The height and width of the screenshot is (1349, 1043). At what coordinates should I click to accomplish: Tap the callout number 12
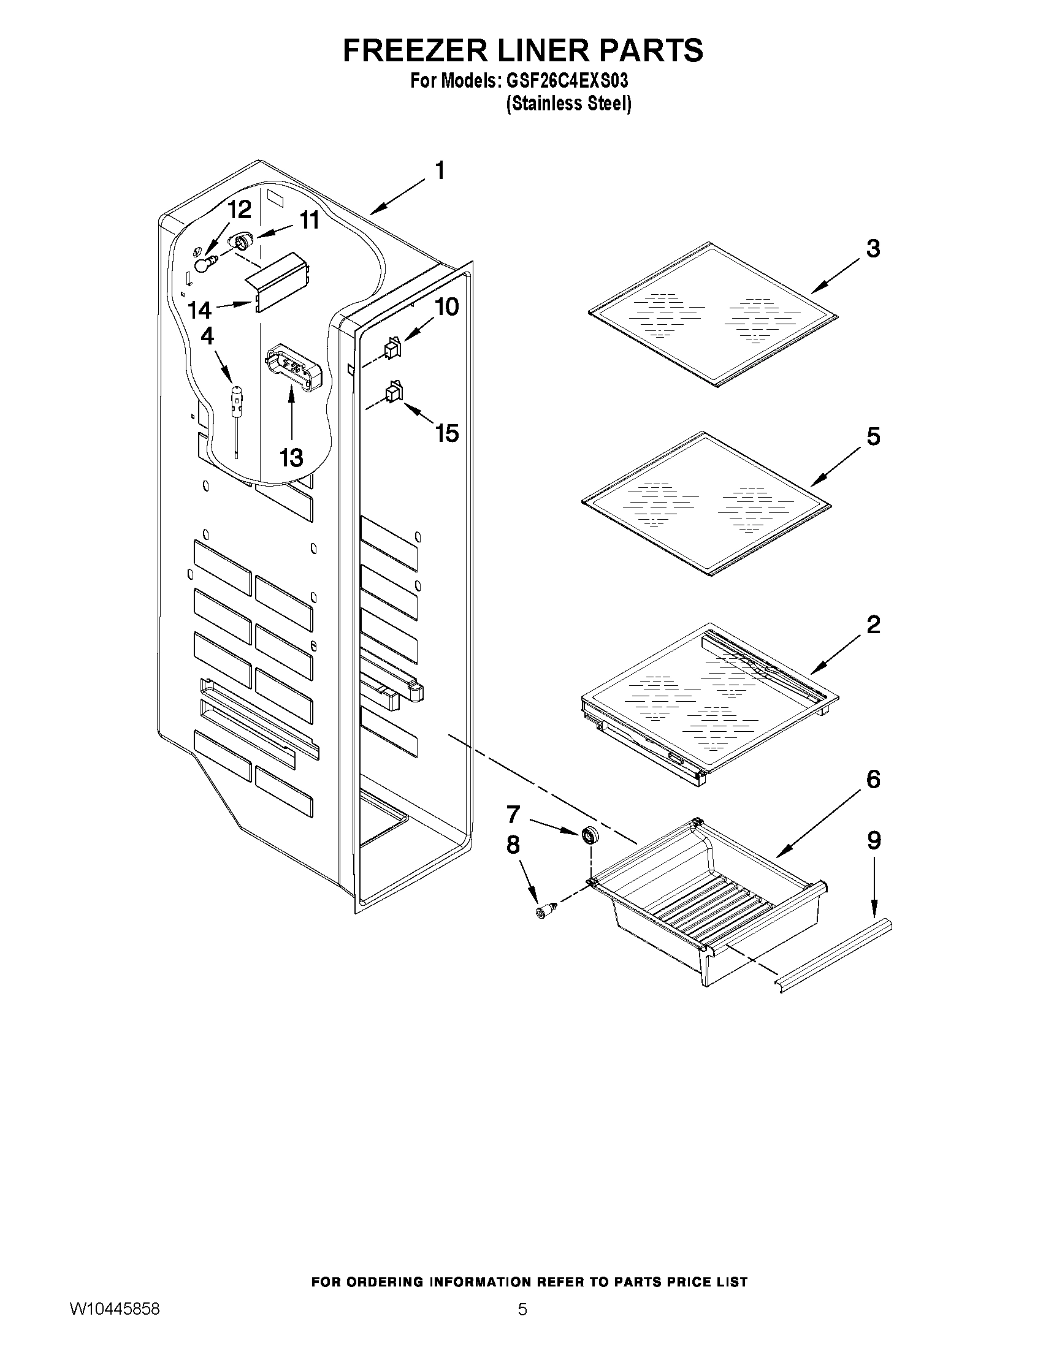[x=239, y=211]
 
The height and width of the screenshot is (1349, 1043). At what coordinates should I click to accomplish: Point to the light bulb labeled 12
[x=205, y=265]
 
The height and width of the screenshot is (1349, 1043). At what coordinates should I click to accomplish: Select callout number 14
[x=199, y=311]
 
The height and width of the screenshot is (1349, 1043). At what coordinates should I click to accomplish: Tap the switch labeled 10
[x=392, y=349]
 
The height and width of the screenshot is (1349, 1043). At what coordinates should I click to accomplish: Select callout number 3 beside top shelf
[x=872, y=249]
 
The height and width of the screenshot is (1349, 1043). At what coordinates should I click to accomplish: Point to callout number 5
[x=873, y=437]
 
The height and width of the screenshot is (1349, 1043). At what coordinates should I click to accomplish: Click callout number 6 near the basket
[x=873, y=780]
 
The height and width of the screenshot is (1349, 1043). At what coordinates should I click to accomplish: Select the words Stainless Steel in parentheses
[x=568, y=104]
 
